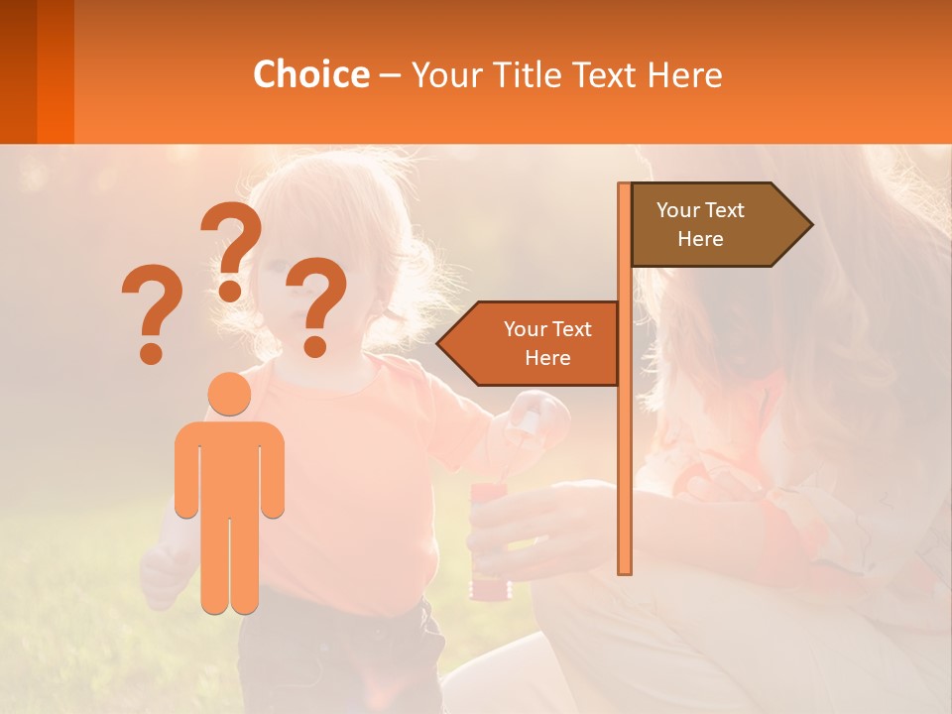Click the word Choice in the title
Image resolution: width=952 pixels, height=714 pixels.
click(x=310, y=75)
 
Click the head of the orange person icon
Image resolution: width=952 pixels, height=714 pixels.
click(x=230, y=395)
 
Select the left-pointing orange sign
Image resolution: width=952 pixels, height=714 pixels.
click(x=535, y=343)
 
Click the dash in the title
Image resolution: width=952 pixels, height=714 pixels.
click(x=390, y=75)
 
